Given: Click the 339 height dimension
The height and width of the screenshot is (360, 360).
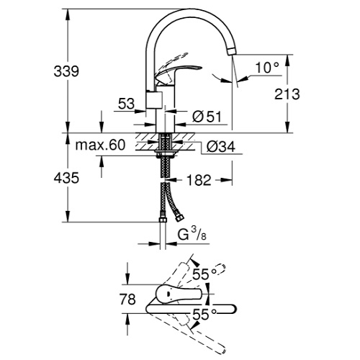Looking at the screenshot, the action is [66, 71].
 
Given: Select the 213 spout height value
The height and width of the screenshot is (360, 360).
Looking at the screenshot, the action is [287, 94].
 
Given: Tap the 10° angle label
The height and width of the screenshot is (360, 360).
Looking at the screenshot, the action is [267, 68].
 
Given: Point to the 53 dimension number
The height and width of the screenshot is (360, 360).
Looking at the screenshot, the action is [127, 104].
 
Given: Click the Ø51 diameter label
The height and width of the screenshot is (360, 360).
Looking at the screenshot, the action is [207, 117].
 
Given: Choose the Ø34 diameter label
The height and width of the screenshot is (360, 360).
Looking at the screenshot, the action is [220, 146].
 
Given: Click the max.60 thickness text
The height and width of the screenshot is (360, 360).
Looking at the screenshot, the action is [100, 145].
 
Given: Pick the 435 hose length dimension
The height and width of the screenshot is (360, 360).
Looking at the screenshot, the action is [66, 178].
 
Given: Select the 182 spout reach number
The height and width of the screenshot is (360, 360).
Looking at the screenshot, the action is [199, 180].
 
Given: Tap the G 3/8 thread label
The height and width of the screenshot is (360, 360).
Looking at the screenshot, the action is [192, 234].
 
